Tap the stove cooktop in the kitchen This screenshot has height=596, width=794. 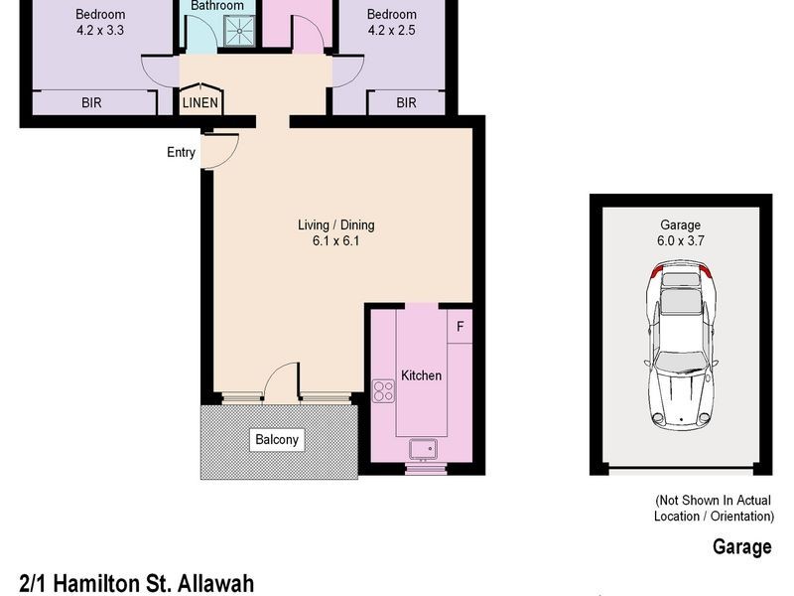click(x=384, y=390)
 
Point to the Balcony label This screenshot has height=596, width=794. click(x=275, y=440)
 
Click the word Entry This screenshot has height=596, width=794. click(x=182, y=152)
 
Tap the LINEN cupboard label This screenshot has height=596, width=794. click(x=200, y=102)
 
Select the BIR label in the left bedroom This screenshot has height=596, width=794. click(x=90, y=102)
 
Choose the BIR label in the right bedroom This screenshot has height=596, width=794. click(x=406, y=102)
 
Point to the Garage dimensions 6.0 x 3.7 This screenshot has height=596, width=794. click(x=681, y=241)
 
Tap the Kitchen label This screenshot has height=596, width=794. click(x=421, y=375)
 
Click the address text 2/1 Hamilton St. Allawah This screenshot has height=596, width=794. click(x=136, y=582)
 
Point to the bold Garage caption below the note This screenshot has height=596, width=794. click(x=741, y=546)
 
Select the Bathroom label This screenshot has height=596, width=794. click(x=217, y=6)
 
